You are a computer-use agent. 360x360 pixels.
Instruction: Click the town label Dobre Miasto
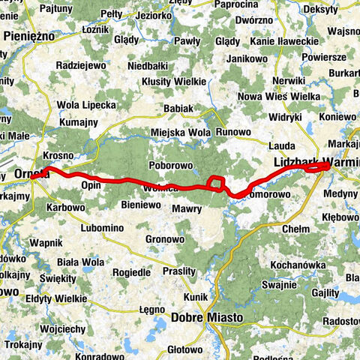[x=208, y=317]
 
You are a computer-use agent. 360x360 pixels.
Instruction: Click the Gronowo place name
[x=165, y=239]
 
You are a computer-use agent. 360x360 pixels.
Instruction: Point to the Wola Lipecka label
[x=86, y=103]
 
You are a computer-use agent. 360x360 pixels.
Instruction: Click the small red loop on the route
[x=215, y=182]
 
